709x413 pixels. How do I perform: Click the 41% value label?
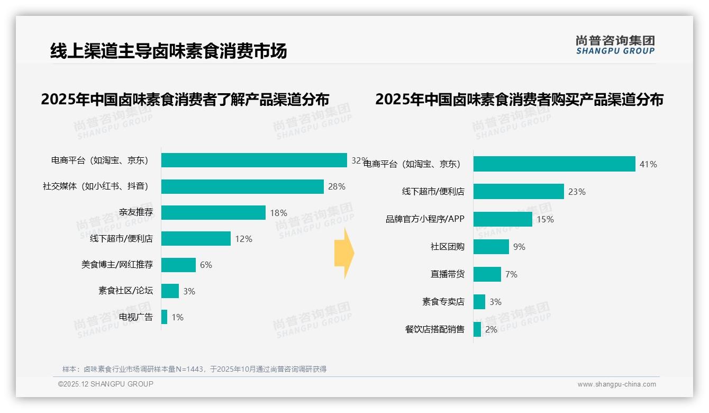[x=648, y=165]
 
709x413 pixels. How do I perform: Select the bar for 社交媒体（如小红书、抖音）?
[x=242, y=186]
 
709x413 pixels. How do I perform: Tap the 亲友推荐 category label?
[x=135, y=213]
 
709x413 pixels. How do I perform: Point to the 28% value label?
[x=337, y=186]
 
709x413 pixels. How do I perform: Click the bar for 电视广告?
[x=165, y=317]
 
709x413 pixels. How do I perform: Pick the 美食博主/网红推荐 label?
[x=117, y=265]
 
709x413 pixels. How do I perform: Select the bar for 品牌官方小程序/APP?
[x=503, y=219]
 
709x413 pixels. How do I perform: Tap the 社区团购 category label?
[x=448, y=247]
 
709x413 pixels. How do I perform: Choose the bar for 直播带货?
[x=487, y=274]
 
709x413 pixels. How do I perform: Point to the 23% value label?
[x=577, y=192]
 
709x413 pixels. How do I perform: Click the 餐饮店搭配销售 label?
[x=435, y=329]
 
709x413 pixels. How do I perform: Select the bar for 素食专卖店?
[x=479, y=302]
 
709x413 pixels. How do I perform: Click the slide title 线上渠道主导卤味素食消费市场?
[x=168, y=51]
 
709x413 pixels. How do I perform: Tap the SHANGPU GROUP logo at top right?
[x=615, y=45]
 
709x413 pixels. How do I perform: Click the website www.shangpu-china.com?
[x=616, y=384]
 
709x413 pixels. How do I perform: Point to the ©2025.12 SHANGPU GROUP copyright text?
[x=106, y=384]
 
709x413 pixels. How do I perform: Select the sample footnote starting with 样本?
[x=194, y=369]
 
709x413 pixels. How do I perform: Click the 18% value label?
[x=278, y=213]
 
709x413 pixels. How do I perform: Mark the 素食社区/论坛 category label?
[x=125, y=291]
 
